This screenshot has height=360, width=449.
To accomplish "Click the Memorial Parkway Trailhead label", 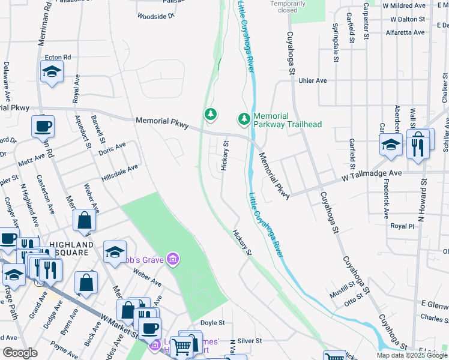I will [x=288, y=120].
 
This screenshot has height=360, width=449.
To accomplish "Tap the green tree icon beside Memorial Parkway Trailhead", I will [x=244, y=120].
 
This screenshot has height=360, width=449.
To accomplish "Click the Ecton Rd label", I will [x=58, y=58].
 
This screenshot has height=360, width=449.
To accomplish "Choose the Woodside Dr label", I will [x=155, y=16].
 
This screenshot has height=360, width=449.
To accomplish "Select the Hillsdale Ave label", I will [x=120, y=170].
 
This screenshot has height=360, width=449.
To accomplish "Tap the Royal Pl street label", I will [x=403, y=226].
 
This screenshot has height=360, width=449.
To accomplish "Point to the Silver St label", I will [x=250, y=340].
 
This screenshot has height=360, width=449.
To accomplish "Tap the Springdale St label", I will [x=336, y=43].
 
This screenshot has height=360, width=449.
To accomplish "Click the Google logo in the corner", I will [x=20, y=353].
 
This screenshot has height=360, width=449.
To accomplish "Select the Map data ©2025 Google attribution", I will [x=411, y=355].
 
